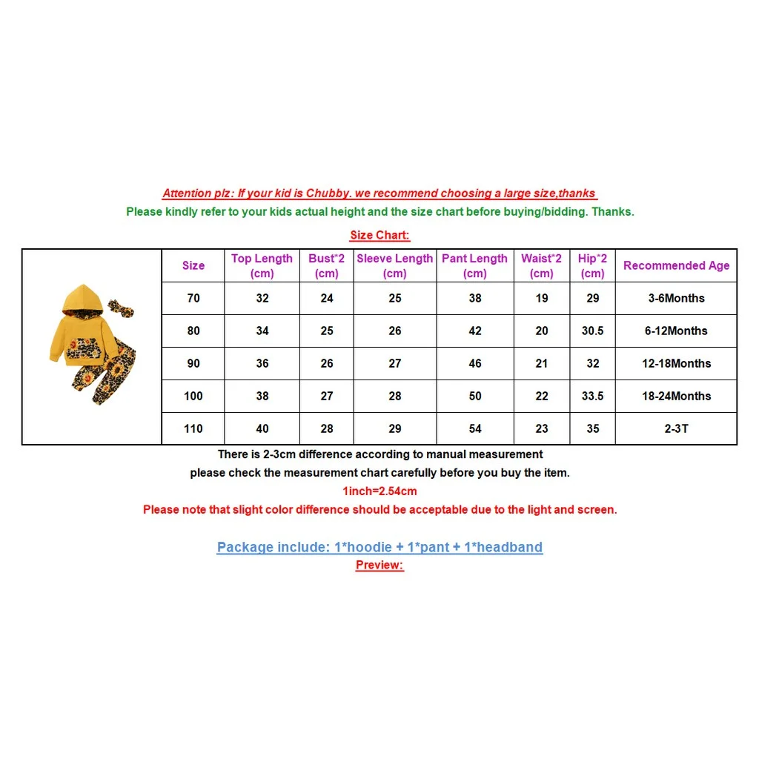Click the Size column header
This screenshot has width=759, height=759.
click(193, 265)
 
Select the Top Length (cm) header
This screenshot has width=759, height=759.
click(262, 265)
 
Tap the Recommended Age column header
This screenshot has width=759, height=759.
click(676, 265)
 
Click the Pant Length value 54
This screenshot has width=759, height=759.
click(475, 428)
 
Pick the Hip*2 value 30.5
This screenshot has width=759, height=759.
click(592, 331)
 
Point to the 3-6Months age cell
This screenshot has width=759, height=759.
click(676, 298)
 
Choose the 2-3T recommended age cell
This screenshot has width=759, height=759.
click(676, 428)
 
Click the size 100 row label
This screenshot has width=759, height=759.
click(193, 396)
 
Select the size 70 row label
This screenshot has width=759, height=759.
click(193, 298)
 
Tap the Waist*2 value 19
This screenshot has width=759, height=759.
click(542, 298)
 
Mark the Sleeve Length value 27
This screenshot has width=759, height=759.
click(395, 363)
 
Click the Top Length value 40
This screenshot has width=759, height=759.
click(262, 428)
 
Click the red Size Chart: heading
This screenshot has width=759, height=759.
click(379, 236)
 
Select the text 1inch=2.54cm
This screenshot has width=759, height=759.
click(379, 491)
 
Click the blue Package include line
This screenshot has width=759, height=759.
click(379, 548)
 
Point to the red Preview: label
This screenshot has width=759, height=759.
click(379, 565)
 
